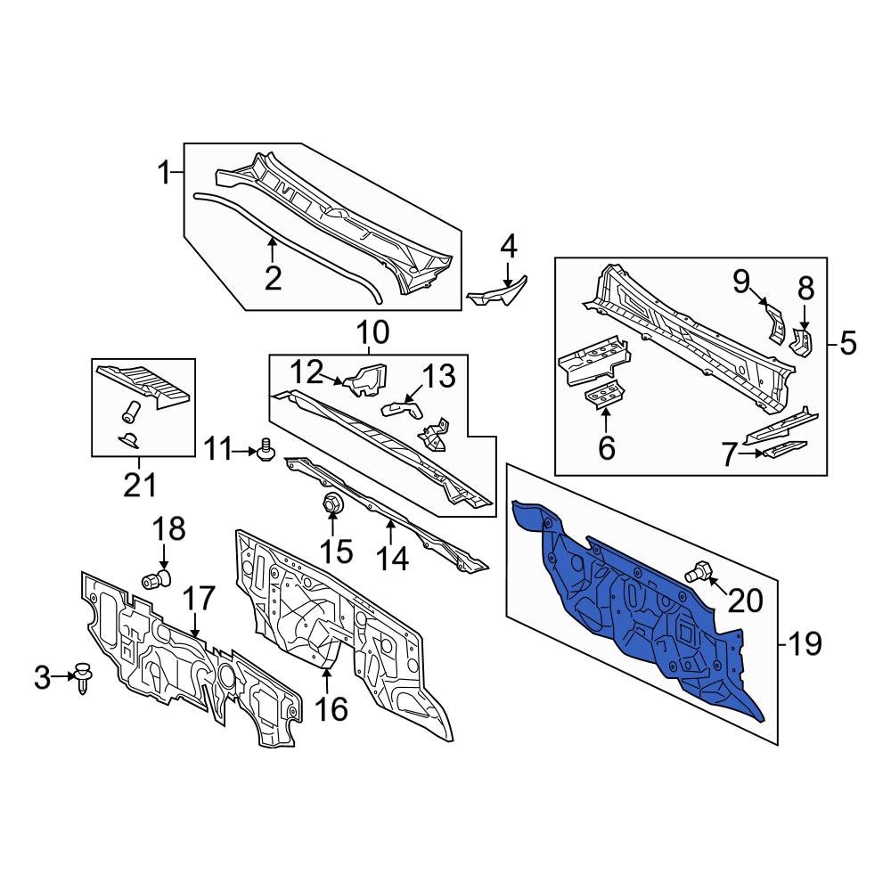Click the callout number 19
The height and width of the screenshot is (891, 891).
tap(805, 643)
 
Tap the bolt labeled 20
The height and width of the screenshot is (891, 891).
tap(700, 572)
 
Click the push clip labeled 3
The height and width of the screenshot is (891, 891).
tap(83, 678)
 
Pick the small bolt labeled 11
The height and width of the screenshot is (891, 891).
tap(265, 453)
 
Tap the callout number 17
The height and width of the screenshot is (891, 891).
tap(200, 597)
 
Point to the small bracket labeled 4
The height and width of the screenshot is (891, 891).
tap(497, 290)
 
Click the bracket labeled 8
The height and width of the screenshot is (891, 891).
tap(803, 340)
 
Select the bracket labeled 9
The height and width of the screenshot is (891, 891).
tap(772, 322)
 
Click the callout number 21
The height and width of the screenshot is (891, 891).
tap(140, 486)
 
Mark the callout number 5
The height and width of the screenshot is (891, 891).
tap(846, 342)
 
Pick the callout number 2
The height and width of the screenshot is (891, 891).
tap(273, 278)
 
